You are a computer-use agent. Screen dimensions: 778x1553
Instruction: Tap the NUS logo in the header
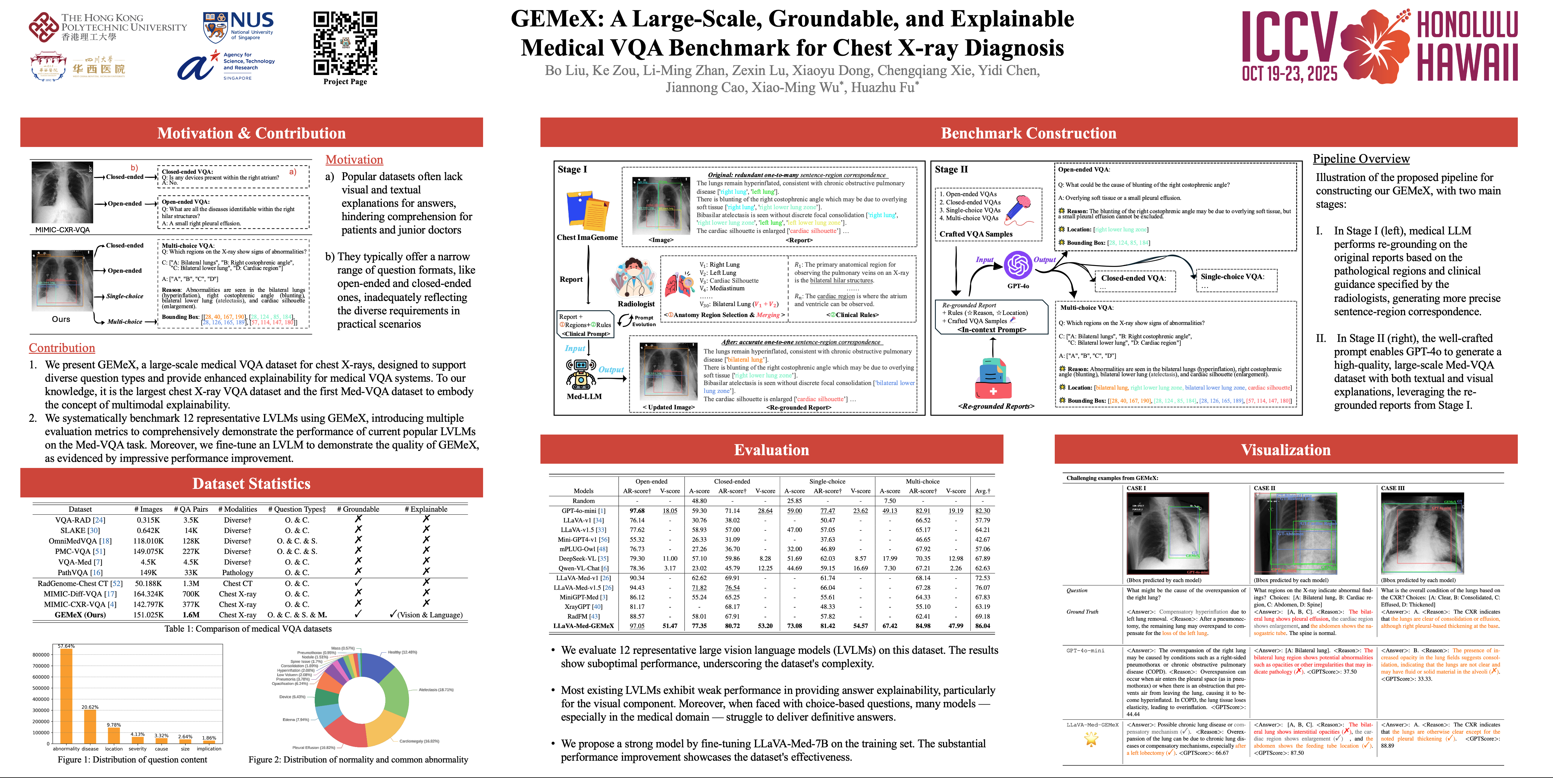pos(238,27)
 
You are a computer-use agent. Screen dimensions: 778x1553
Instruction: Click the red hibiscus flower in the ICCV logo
pos(1375,45)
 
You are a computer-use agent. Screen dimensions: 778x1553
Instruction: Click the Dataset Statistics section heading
pos(251,484)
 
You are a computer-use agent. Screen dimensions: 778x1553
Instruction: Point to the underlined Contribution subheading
pos(62,348)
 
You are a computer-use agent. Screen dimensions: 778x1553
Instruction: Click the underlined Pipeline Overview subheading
pos(1361,159)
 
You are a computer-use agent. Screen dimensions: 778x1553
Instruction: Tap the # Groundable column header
pos(358,509)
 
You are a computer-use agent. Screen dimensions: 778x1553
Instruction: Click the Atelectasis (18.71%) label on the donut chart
pos(436,689)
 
